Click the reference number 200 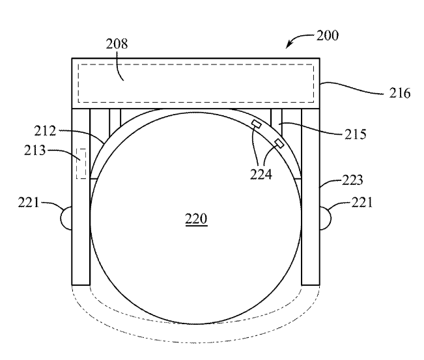(x=328, y=36)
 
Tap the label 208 (x=117, y=44)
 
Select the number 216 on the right (x=400, y=93)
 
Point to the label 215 (x=356, y=134)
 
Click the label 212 (x=45, y=131)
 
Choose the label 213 (x=35, y=150)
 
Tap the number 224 (x=261, y=174)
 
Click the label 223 (x=352, y=180)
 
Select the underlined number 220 (x=196, y=219)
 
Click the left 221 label (x=29, y=202)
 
